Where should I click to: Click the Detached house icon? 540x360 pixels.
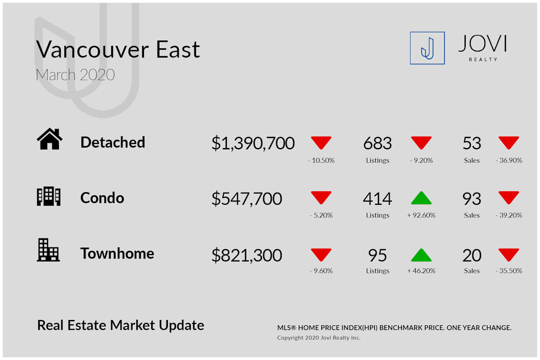point(49,139)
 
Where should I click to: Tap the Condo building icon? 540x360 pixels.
point(49,196)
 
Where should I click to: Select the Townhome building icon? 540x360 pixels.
point(48,250)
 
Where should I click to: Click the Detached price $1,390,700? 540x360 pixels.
point(253,143)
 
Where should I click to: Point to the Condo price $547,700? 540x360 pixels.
point(247,199)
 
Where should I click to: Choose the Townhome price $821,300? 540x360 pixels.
point(247,255)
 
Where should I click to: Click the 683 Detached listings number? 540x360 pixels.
point(378,143)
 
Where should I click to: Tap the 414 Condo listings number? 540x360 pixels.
point(378,199)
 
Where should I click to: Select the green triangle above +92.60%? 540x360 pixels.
point(421,198)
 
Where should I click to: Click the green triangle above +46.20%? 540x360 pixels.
point(421,255)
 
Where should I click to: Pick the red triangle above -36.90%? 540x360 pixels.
point(508,143)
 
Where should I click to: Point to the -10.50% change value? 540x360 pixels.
point(321,160)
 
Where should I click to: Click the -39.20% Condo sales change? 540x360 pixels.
point(508,215)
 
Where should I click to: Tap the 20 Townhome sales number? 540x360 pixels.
point(472,255)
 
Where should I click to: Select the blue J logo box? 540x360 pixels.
point(427,48)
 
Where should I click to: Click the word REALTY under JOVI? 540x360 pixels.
point(483,59)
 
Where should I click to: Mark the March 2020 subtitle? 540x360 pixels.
point(75,75)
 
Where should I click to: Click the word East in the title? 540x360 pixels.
point(178,49)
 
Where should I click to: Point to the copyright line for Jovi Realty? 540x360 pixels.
point(319,337)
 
